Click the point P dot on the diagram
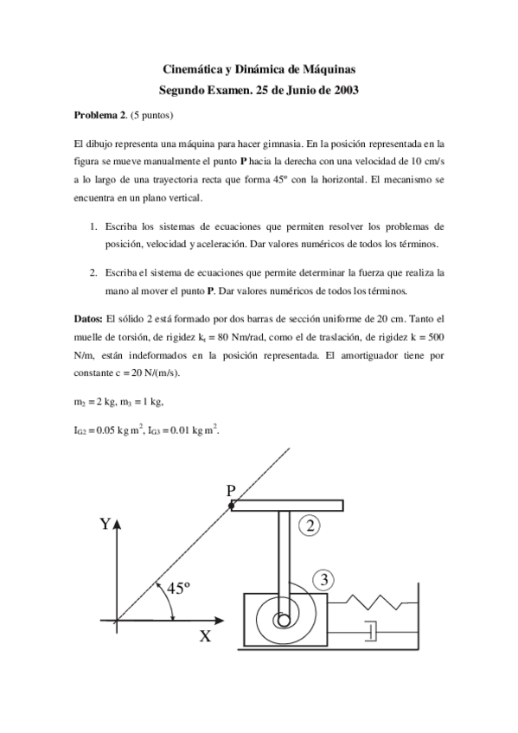[232, 506]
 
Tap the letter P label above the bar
[231, 490]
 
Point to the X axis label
[205, 637]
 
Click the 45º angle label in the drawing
[178, 589]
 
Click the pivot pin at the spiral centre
[282, 620]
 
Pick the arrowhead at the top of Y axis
[117, 525]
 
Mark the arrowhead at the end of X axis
[227, 620]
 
